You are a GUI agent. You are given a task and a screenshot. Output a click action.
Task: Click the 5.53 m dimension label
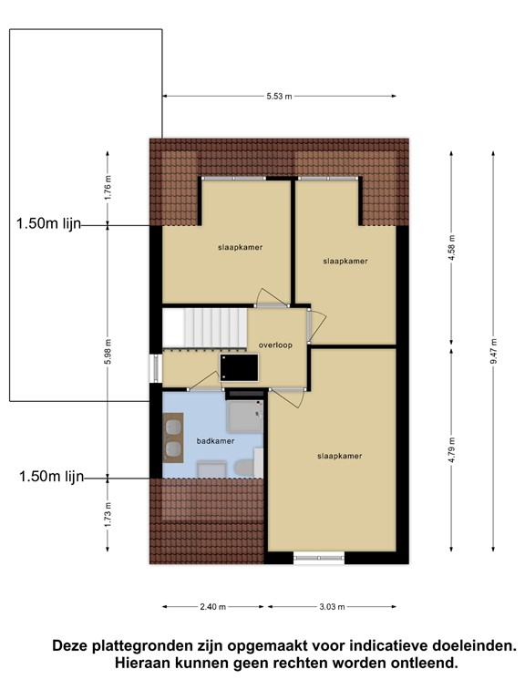(279, 96)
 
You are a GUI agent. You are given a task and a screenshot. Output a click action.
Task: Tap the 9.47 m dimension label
(494, 351)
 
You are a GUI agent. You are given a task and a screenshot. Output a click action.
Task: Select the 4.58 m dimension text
(452, 247)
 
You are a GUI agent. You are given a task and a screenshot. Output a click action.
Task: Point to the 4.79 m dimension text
(452, 450)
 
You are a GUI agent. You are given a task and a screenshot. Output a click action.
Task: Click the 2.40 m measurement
(213, 607)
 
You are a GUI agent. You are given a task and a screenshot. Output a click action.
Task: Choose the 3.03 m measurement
(332, 607)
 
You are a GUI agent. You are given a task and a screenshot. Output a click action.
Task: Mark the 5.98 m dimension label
(108, 351)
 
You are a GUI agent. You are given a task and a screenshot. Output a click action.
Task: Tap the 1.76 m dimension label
(108, 188)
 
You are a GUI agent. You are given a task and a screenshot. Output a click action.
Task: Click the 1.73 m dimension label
(108, 515)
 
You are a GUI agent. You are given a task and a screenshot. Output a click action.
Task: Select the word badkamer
(216, 441)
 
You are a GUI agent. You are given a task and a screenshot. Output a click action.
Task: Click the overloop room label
(275, 345)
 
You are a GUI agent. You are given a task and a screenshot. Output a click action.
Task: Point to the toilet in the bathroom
(244, 468)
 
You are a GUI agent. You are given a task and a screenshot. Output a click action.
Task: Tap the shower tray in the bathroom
(244, 416)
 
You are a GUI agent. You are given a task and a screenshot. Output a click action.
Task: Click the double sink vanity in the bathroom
(173, 437)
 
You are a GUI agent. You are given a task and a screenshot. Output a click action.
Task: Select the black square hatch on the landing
(240, 367)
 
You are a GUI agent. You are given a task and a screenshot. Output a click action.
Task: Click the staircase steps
(204, 327)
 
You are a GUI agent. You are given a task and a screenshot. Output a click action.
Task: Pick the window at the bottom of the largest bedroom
(319, 558)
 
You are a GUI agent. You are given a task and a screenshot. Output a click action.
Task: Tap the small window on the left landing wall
(155, 368)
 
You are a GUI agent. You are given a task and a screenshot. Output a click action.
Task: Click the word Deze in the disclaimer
(70, 645)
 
